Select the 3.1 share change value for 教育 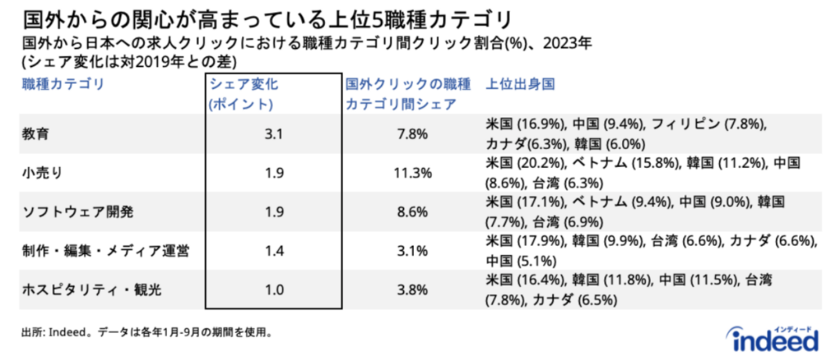pos(274,134)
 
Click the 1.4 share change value pos(274,251)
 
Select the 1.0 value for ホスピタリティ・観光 pos(274,290)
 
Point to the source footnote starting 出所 pos(147,332)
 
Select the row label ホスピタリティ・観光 pos(89,290)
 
